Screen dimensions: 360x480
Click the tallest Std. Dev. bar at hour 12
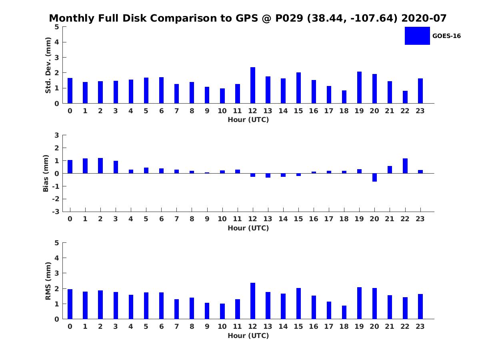point(253,85)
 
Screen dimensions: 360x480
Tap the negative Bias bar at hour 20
point(374,178)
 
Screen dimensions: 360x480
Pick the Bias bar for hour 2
point(100,166)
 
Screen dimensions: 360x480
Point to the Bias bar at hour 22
point(405,166)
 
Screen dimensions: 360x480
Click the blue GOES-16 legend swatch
point(417,36)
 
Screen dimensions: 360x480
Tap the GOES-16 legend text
point(446,36)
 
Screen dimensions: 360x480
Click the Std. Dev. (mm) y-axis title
point(48,65)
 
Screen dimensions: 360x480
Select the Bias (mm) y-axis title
point(46,173)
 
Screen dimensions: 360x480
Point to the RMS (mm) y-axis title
point(48,281)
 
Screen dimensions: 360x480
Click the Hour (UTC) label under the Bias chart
point(248,228)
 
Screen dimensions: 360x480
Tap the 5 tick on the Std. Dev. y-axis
point(57,27)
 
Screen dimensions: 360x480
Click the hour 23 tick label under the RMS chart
point(420,326)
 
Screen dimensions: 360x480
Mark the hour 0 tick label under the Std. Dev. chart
point(70,111)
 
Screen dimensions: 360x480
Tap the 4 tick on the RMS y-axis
point(57,258)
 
